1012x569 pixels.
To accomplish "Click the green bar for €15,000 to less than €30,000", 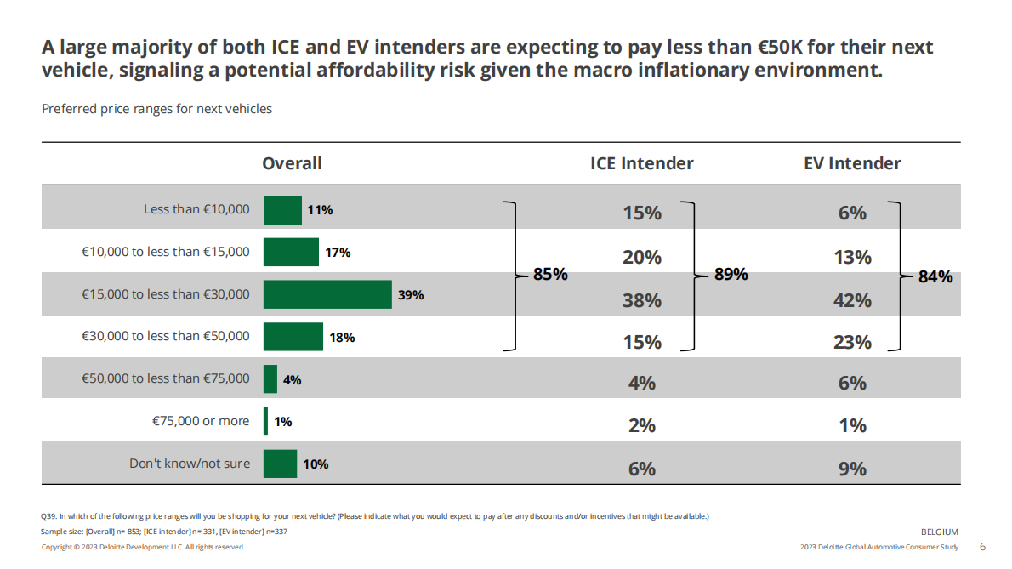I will tap(327, 294).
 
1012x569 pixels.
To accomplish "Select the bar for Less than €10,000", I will tap(282, 210).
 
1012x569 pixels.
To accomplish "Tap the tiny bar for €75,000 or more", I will tap(266, 421).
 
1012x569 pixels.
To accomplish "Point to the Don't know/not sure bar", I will tap(280, 464).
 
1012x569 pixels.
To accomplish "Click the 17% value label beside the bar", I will tap(338, 253).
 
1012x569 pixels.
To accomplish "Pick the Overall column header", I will tap(292, 163).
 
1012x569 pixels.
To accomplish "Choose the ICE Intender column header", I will tap(641, 163).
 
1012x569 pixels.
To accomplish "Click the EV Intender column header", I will tap(852, 163).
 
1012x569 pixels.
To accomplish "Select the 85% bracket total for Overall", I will tap(550, 275).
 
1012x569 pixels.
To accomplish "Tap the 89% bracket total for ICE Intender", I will tap(731, 274).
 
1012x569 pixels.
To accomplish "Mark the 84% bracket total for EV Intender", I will tap(935, 276).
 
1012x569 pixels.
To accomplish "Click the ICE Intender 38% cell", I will tap(642, 300).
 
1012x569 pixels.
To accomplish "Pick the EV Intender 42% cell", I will tap(852, 300).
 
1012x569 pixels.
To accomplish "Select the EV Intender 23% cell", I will tap(852, 342).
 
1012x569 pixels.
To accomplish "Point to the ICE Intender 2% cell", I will tap(642, 425).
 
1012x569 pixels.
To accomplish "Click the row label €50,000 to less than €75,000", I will tap(166, 378).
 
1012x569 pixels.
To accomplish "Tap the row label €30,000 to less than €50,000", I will tap(166, 336).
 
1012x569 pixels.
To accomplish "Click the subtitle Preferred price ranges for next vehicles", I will tap(156, 109).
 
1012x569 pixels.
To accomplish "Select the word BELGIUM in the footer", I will tap(940, 532).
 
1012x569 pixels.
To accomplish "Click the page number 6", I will tap(983, 547).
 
